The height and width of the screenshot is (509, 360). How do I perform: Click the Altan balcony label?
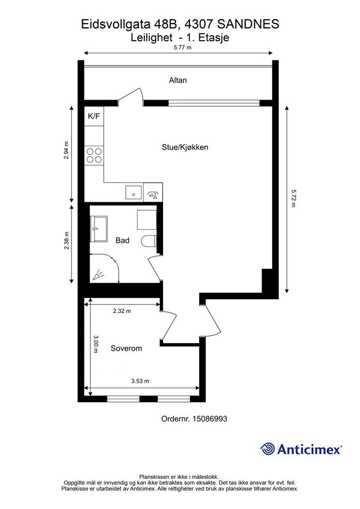[178, 80]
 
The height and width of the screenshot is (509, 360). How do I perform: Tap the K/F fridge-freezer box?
[94, 116]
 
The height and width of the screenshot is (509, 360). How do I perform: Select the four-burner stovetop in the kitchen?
[94, 155]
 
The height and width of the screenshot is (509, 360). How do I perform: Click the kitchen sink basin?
[134, 192]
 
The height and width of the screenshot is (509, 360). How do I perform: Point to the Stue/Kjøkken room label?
[185, 147]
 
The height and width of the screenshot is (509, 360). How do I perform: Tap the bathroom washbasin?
[98, 229]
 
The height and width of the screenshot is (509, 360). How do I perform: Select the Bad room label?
[122, 240]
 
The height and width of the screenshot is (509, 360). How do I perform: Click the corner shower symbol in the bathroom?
[104, 268]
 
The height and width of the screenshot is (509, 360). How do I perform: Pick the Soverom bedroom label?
[126, 348]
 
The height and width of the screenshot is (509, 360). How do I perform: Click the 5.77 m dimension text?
[182, 47]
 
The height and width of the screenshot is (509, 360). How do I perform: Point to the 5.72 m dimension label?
[293, 199]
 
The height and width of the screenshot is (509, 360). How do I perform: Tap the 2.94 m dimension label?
[67, 150]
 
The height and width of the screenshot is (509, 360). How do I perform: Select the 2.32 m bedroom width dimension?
[122, 311]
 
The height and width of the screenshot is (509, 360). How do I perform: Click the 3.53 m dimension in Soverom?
[140, 381]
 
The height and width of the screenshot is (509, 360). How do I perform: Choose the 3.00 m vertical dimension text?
[95, 344]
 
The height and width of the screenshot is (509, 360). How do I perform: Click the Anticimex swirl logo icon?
[268, 449]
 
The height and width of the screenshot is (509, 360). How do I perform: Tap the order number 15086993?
[210, 419]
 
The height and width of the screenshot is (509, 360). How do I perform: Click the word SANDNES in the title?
[248, 24]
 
